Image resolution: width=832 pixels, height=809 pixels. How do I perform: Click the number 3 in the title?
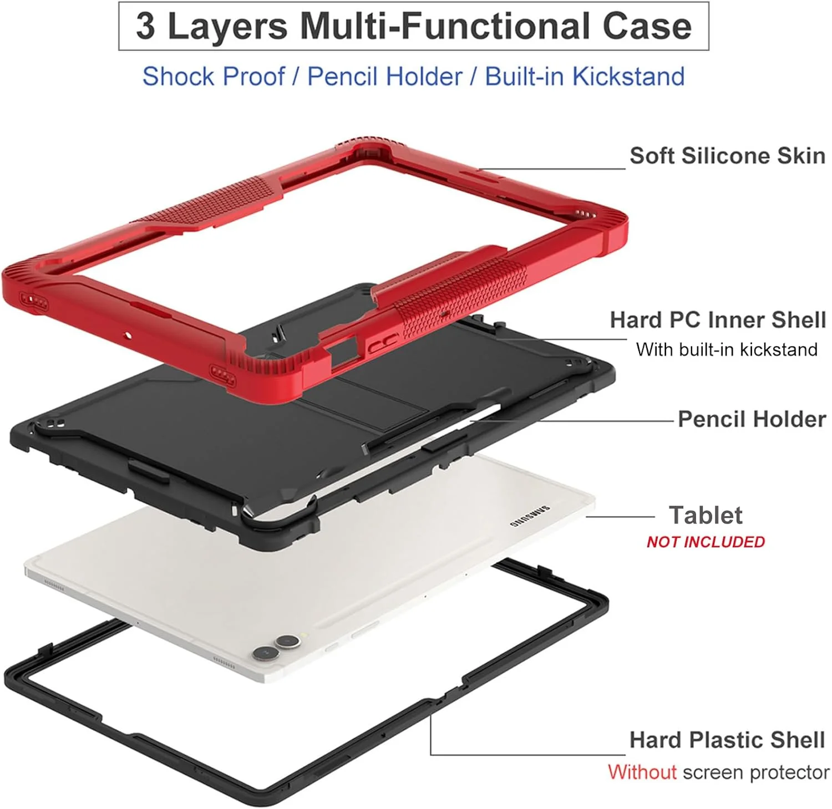coord(145,26)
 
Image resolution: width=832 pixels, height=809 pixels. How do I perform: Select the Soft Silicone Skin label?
coord(727,156)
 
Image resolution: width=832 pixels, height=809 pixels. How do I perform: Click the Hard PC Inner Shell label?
coord(718,320)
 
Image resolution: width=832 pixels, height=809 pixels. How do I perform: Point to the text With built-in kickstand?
coord(727,349)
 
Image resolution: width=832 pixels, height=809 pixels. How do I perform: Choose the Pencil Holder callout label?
coord(752,419)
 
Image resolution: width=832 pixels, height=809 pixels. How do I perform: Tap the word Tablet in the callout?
coord(706,515)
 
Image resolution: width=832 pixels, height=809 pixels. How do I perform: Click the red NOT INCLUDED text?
coord(706,542)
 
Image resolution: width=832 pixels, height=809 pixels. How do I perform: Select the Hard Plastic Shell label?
coord(727,740)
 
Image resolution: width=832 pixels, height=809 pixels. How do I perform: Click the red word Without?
coord(642,772)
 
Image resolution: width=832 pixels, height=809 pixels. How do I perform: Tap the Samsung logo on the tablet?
coord(530,516)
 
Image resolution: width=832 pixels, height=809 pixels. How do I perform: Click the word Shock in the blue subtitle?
coord(179,77)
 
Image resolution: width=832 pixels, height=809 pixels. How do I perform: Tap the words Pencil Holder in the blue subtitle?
coord(385,77)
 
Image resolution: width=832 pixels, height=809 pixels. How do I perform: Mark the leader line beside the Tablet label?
coord(621,517)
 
